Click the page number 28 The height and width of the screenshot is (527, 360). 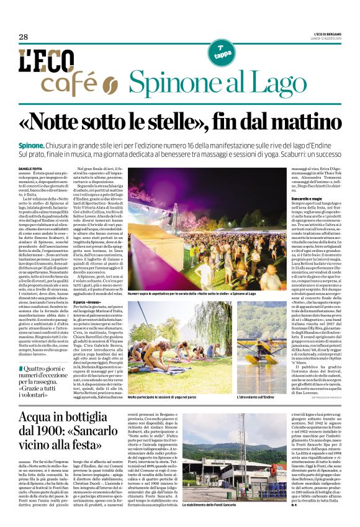tap(24, 37)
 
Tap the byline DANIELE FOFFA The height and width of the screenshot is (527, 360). tap(30, 169)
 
